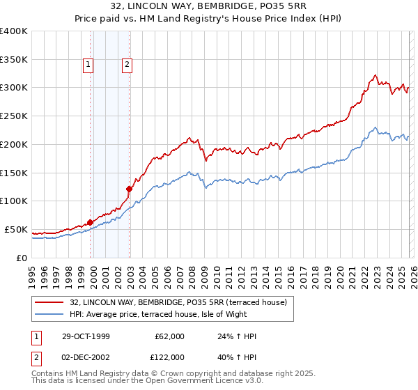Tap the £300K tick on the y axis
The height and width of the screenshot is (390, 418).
(14, 88)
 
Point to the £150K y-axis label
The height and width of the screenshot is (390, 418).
(14, 173)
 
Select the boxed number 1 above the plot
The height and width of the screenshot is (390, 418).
(89, 65)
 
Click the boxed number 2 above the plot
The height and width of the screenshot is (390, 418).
(127, 65)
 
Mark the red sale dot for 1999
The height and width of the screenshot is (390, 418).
(91, 223)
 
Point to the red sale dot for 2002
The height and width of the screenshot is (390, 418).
(129, 189)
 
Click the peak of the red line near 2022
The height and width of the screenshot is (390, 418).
(375, 75)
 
